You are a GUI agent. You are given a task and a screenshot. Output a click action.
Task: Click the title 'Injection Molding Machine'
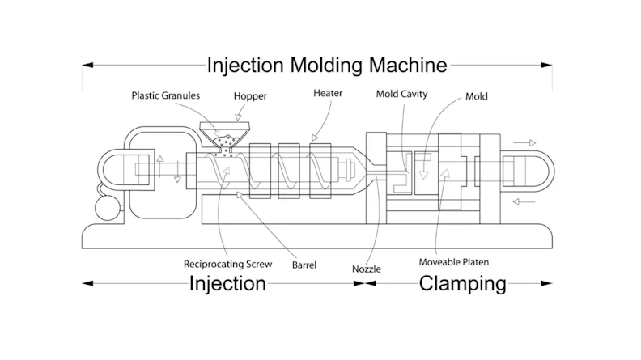327,64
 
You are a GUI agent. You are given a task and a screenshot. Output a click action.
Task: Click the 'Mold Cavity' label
401,94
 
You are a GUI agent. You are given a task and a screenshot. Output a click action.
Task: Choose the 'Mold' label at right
477,97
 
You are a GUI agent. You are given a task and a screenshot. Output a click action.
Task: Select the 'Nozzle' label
368,268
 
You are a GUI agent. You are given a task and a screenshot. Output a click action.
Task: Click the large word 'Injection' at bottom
227,283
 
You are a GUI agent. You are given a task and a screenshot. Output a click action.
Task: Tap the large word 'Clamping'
462,283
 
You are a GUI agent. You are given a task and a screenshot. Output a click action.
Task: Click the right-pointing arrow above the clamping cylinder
524,143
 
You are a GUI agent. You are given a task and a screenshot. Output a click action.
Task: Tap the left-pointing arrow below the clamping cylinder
524,201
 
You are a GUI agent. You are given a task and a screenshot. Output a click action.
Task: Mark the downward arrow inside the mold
422,171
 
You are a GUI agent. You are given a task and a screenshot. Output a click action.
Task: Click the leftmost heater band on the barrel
260,172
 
